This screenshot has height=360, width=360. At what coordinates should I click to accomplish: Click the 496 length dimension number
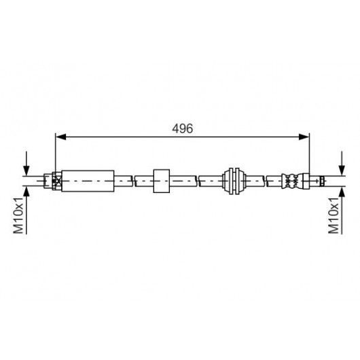[183, 128]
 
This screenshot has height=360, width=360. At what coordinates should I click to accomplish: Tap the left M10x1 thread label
[18, 215]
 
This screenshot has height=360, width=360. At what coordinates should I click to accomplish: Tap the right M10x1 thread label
[334, 215]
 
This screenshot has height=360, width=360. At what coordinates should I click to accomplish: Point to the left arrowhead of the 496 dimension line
[61, 137]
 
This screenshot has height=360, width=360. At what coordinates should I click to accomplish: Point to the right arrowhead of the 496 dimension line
[304, 137]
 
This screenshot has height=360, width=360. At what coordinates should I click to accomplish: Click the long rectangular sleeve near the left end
[88, 181]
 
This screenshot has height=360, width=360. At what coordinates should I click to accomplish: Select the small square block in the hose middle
[162, 181]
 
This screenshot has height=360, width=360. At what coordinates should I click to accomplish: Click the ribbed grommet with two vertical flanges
[234, 181]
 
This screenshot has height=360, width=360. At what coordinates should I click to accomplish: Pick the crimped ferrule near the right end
[291, 181]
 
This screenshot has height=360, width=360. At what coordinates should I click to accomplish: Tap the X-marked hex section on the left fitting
[56, 181]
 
